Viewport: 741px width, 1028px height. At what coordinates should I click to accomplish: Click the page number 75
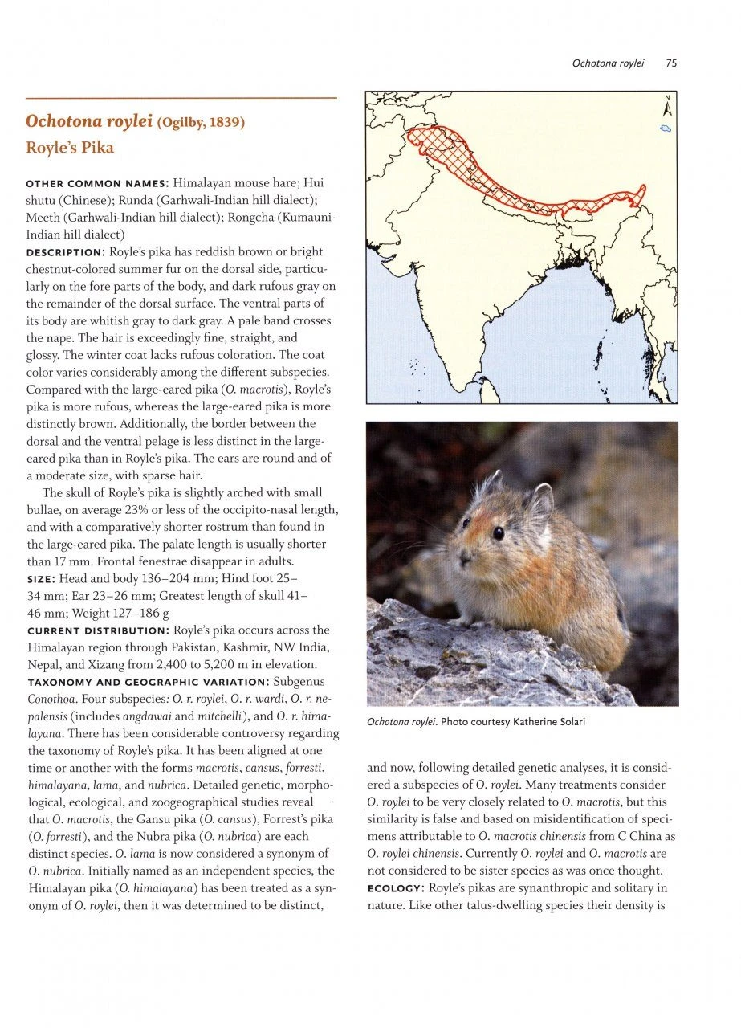671,63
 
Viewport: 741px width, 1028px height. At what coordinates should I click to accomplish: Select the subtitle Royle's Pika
70,148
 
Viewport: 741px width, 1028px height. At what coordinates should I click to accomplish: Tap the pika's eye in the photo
498,532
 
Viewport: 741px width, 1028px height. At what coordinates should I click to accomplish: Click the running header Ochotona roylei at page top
609,63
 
